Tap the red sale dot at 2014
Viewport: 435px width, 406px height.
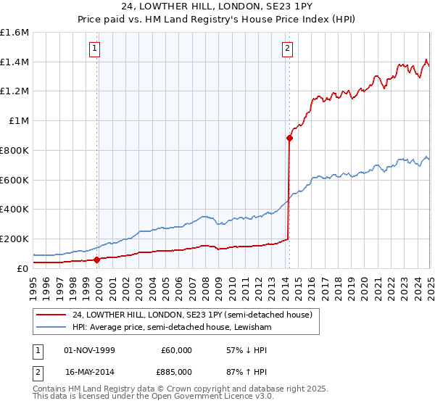click(x=289, y=137)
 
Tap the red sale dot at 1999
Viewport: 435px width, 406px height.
click(x=97, y=259)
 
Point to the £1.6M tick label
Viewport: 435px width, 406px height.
click(x=14, y=33)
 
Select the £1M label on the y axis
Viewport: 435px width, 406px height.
click(x=19, y=121)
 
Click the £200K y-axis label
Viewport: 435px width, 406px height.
click(x=14, y=239)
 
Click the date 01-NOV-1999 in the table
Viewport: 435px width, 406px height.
click(x=90, y=350)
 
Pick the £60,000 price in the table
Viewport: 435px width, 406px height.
click(x=176, y=350)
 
